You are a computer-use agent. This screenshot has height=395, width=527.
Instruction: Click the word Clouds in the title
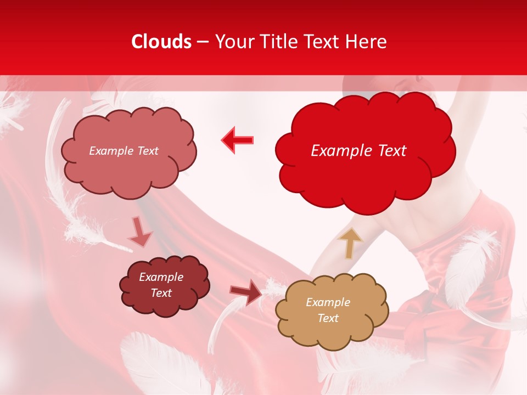[161, 42]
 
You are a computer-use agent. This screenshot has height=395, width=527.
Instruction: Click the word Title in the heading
[278, 42]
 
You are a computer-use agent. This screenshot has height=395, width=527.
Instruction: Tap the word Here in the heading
[366, 42]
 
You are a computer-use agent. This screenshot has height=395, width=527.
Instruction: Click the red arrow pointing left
[238, 140]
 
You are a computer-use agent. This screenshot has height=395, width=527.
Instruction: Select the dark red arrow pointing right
[246, 292]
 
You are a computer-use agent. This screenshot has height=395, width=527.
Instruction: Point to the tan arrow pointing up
[350, 242]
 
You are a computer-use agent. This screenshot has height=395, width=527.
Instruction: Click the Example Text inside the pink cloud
[124, 151]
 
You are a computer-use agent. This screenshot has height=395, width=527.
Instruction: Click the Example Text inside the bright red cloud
[358, 151]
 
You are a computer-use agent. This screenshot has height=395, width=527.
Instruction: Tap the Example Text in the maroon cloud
[161, 285]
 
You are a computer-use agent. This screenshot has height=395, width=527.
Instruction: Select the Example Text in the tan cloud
[328, 310]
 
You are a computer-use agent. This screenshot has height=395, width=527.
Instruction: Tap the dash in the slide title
[203, 42]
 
